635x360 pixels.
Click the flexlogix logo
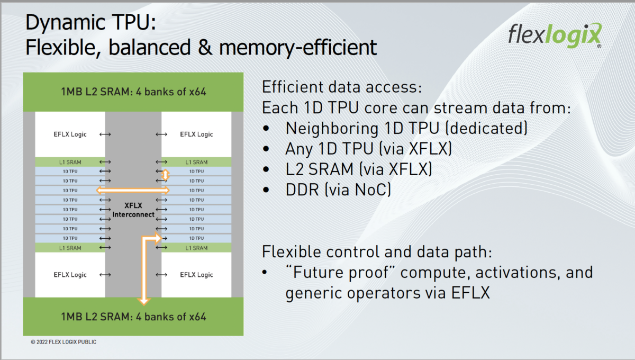click(554, 35)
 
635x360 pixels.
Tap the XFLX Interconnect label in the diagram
click(133, 210)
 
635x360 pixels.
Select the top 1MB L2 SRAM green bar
click(133, 92)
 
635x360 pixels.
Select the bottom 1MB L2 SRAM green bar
click(133, 317)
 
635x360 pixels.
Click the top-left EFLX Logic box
click(70, 134)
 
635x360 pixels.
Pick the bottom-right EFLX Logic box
click(196, 275)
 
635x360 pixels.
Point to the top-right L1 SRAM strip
click(196, 162)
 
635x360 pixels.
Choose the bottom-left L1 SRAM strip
click(70, 248)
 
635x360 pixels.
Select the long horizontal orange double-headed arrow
click(132, 190)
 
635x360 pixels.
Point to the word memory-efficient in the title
click(297, 48)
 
